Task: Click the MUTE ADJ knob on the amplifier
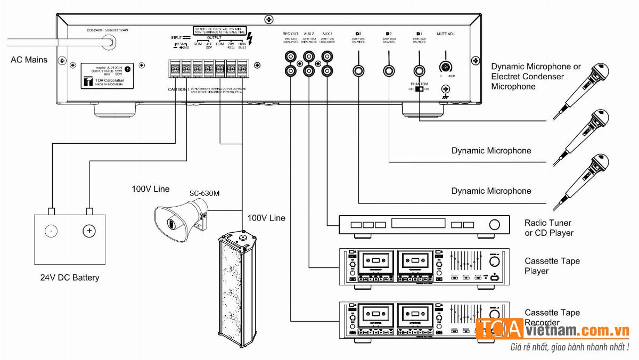[x=445, y=68]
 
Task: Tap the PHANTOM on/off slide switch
[x=423, y=89]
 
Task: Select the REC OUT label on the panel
[x=290, y=34]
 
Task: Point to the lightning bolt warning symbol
[x=251, y=38]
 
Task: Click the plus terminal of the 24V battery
[x=89, y=231]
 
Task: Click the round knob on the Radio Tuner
[x=495, y=225]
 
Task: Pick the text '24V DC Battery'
[x=70, y=277]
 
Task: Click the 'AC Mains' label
[x=29, y=60]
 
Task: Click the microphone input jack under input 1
[x=420, y=70]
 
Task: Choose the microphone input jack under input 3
[x=359, y=70]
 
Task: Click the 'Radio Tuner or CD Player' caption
[x=548, y=228]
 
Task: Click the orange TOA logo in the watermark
[x=499, y=330]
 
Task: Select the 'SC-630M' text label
[x=204, y=193]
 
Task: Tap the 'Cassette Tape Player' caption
[x=552, y=266]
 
